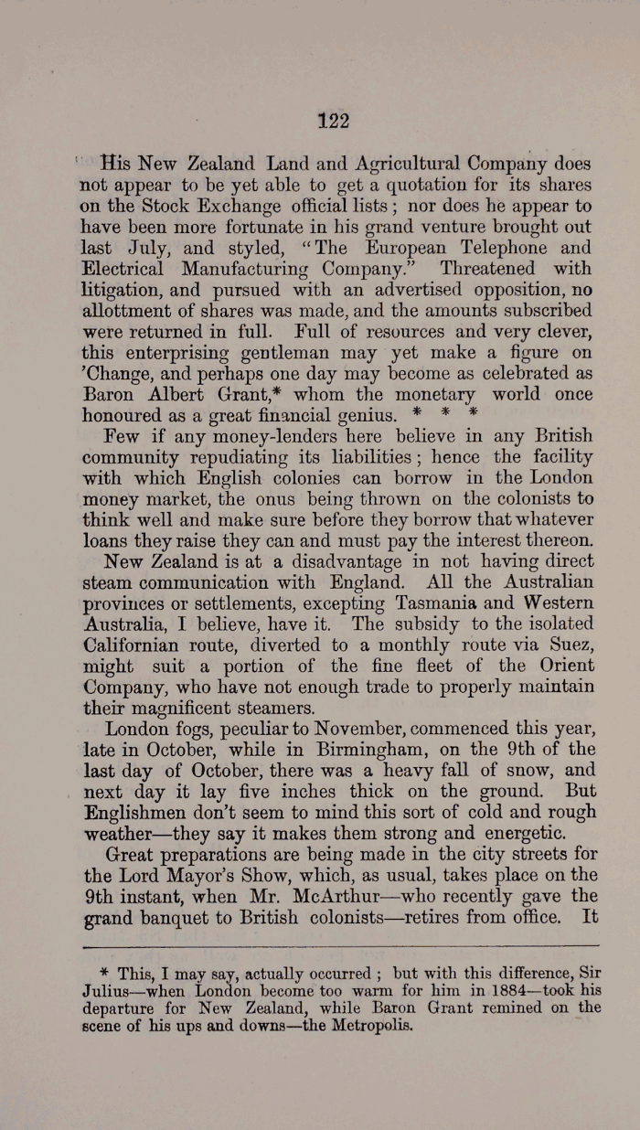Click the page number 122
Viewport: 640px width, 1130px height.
click(x=334, y=120)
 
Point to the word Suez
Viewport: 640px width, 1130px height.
click(x=568, y=645)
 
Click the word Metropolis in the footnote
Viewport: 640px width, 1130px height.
click(x=363, y=1025)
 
